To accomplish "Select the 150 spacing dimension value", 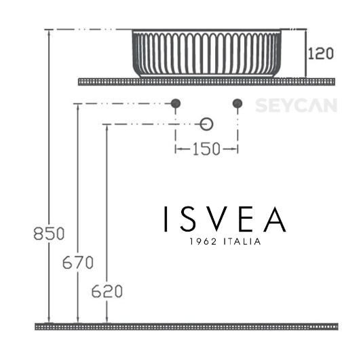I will [x=206, y=149].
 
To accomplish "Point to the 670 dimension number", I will [x=79, y=262].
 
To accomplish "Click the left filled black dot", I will [x=175, y=104].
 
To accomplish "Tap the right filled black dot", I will [x=237, y=104].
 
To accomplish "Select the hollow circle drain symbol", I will [x=207, y=124].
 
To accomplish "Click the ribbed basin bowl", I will [x=206, y=53].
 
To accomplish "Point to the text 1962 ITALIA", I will [x=224, y=242].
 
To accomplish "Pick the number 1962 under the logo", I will [x=202, y=242].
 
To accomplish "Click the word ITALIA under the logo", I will [x=240, y=242].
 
